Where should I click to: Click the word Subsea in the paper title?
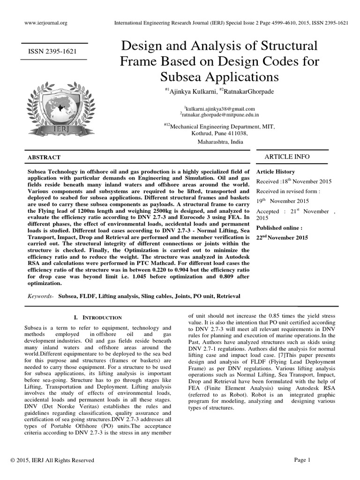182,76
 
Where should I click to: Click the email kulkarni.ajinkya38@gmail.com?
220,108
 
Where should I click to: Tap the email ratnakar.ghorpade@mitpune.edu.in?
220,114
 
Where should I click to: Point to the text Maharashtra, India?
220,141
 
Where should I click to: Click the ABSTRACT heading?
45,157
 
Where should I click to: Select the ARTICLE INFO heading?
287,157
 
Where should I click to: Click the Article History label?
276,172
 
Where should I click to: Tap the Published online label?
279,228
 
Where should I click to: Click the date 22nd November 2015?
282,238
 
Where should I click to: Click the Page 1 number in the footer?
303,460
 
